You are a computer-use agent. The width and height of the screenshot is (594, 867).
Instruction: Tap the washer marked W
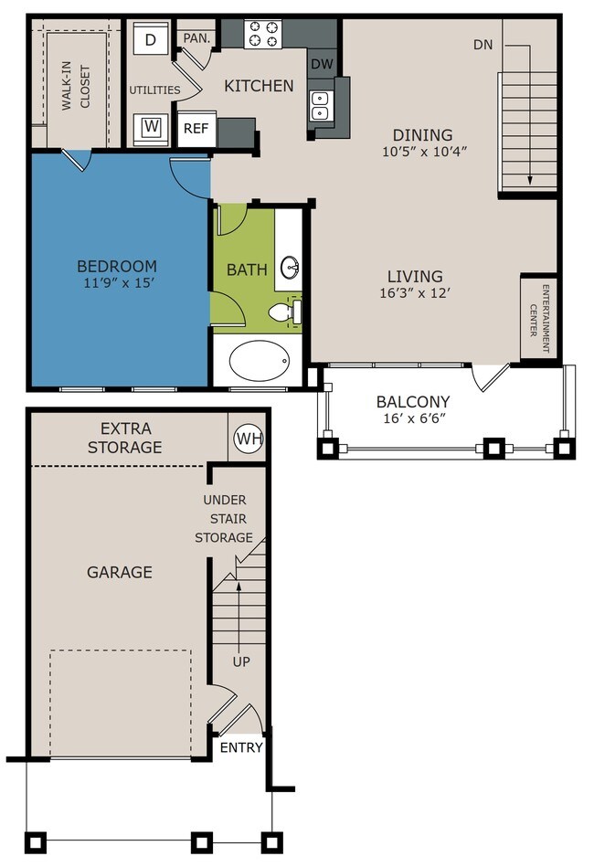coord(151,128)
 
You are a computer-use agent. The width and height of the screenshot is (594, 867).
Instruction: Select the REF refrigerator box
coord(196,129)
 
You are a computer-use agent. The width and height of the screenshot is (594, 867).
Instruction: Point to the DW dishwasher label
coord(322,64)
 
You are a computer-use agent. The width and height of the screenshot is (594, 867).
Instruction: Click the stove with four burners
coord(262,33)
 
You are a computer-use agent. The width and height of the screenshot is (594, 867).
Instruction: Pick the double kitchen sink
coord(320,106)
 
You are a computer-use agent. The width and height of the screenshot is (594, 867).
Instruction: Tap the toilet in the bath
coord(285,312)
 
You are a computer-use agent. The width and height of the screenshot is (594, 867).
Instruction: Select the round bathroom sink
coord(290,269)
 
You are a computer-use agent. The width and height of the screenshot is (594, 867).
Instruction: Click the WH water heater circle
coord(249,439)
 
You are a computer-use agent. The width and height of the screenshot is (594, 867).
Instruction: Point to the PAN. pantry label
coord(196,38)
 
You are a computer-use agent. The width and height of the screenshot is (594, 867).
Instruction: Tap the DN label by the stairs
coord(483,45)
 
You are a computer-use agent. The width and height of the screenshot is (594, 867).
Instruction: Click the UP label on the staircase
coord(241,661)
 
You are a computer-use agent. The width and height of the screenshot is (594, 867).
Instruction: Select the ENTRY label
coord(241,747)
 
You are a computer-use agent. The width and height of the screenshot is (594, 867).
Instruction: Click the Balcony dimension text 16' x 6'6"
coord(414,418)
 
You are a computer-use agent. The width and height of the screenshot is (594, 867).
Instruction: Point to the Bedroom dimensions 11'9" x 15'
coord(116,283)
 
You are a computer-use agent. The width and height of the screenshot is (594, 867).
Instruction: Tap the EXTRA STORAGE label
coord(125,438)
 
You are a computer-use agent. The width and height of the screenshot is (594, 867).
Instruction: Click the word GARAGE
coord(120,572)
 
